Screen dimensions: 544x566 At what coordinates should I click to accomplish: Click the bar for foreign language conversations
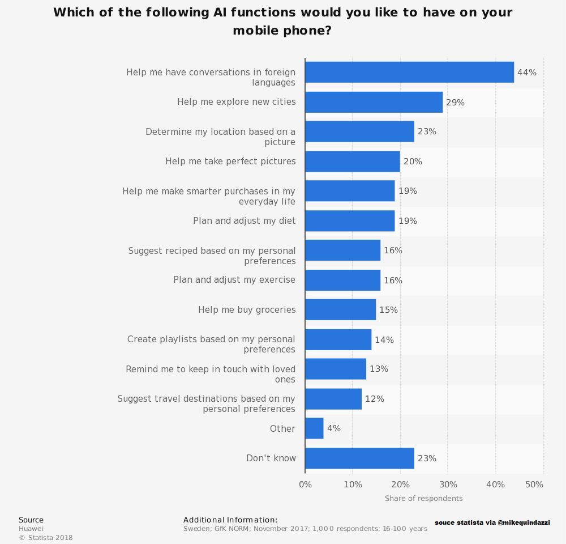pos(409,73)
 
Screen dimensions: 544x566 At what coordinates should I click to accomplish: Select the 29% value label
pos(455,103)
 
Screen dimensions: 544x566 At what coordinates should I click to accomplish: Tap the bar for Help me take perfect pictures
pos(352,161)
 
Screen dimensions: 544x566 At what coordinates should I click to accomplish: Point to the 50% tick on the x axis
pos(534,484)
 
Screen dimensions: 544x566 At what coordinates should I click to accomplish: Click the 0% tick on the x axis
pos(305,484)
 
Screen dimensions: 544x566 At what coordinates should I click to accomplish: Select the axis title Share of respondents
pos(423,499)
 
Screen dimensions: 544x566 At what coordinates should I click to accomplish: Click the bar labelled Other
pos(314,428)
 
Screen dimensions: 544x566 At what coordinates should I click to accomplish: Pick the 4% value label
pos(334,428)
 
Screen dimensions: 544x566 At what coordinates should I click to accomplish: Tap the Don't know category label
pos(271,458)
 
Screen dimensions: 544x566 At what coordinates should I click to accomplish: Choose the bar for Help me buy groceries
pos(340,310)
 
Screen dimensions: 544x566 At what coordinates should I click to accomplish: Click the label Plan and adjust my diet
pos(244,220)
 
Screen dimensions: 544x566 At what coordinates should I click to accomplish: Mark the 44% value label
pos(526,73)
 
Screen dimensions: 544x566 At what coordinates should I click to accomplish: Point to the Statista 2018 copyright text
pos(46,538)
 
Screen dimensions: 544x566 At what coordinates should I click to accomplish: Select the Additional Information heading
pos(230,520)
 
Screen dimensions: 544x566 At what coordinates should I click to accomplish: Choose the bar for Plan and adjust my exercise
pos(342,280)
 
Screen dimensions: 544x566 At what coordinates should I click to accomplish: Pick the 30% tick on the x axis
pos(448,484)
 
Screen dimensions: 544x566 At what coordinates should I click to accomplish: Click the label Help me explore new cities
pos(236,102)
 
